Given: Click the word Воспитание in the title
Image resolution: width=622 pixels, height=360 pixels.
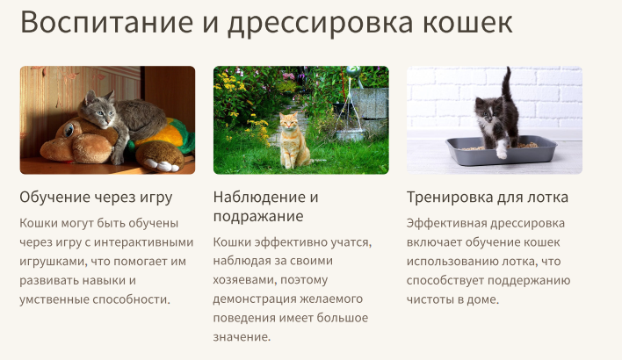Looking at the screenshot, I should [x=98, y=24].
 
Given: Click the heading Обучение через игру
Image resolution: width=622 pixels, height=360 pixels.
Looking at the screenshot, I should [x=96, y=197].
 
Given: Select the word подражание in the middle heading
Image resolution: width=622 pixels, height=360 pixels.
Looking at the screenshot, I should [x=258, y=216].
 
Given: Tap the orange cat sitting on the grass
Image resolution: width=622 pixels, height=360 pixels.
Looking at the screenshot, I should [x=293, y=140].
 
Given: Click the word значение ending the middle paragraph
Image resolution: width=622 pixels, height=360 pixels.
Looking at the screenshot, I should [x=242, y=337].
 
